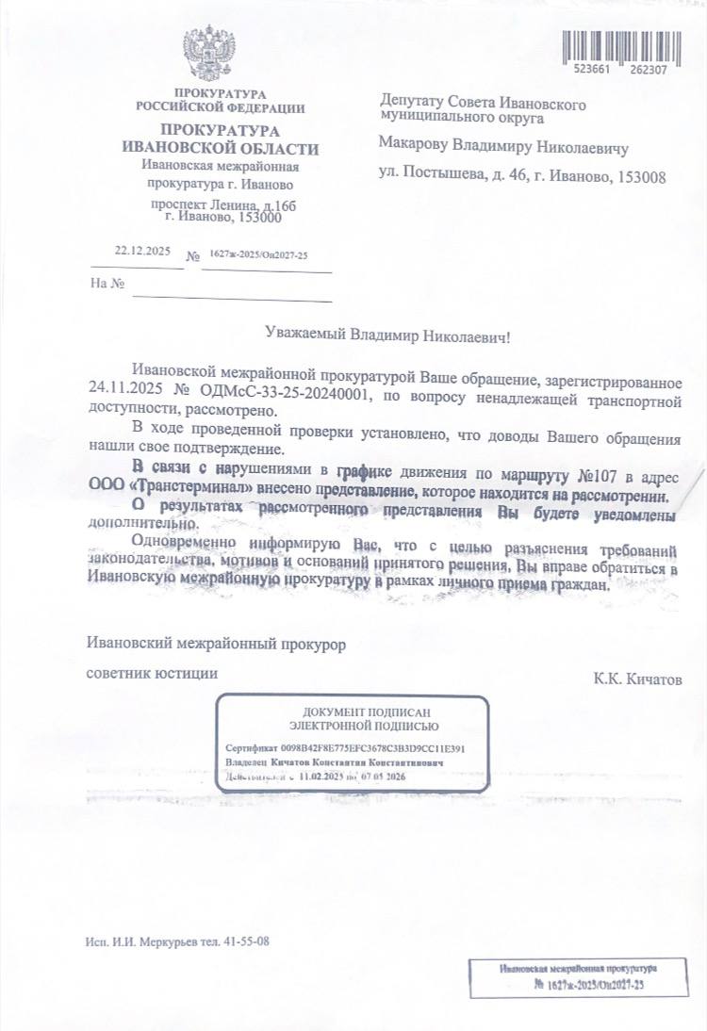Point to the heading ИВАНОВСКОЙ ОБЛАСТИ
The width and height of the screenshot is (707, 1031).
(221, 148)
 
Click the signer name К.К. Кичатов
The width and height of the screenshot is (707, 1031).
(636, 679)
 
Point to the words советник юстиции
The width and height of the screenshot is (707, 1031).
(152, 673)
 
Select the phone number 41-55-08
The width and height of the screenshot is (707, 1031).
(248, 941)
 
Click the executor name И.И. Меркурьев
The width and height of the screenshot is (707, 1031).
(152, 941)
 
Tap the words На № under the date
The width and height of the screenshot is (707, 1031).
(107, 283)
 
